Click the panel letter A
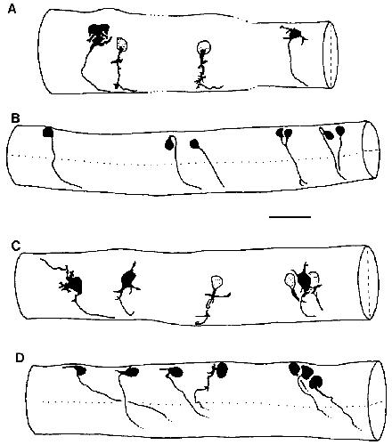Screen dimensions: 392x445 [x=12, y=9]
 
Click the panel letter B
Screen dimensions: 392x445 [x=15, y=118]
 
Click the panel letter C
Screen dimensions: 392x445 [x=15, y=246]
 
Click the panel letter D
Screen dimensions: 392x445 [x=20, y=358]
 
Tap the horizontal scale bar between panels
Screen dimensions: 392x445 [x=290, y=217]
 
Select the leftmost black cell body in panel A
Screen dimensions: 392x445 [x=99, y=34]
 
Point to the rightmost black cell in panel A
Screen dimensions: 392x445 [x=294, y=34]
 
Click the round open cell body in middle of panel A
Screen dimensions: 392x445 [x=204, y=46]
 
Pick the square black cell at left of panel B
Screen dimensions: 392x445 [x=47, y=132]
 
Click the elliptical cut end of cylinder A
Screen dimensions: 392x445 [x=331, y=54]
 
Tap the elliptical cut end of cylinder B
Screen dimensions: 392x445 [x=371, y=150]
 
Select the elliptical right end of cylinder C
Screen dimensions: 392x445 [x=368, y=283]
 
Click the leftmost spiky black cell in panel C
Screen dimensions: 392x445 [x=73, y=286]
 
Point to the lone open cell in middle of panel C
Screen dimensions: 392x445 [x=217, y=282]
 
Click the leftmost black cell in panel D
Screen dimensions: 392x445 [x=80, y=371]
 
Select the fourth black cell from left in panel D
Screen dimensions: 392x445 [x=223, y=369]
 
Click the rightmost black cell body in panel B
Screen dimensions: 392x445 [x=340, y=130]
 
